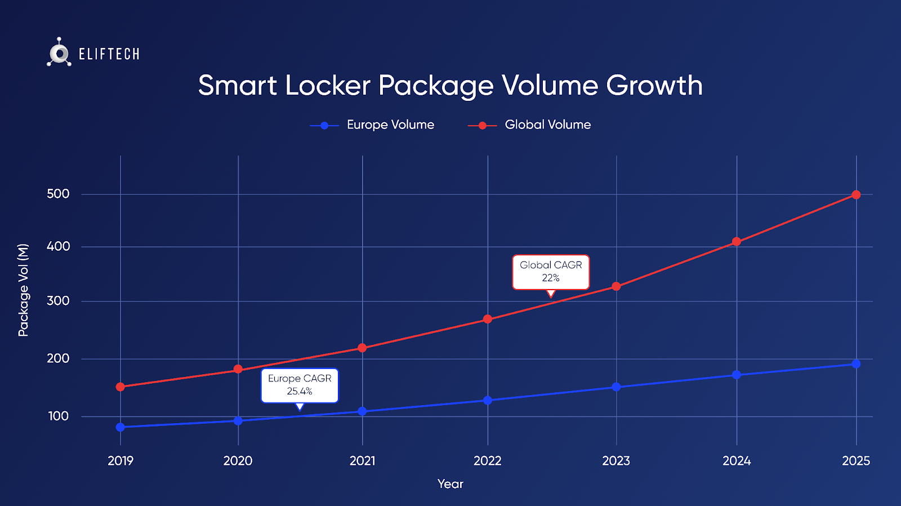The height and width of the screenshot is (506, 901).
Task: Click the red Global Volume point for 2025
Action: (856, 195)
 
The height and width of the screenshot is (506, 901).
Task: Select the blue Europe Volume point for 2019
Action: (121, 427)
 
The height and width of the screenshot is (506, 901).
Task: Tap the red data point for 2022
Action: (488, 319)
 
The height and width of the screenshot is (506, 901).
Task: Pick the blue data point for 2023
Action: (616, 387)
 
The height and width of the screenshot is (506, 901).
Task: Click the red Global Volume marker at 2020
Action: (238, 370)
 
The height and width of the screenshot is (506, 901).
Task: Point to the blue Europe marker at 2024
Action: (737, 375)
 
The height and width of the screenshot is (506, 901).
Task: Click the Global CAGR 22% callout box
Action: (551, 272)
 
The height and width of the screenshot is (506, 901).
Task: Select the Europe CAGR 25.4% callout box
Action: (300, 385)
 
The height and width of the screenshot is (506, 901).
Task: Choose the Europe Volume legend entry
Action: (373, 125)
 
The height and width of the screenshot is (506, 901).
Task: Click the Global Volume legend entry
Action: (530, 125)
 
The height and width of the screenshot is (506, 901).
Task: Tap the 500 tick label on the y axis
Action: (58, 194)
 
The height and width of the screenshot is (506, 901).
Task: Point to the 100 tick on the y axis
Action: (59, 416)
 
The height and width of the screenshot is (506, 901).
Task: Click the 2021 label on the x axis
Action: (362, 461)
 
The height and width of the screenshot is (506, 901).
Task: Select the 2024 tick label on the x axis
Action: (737, 461)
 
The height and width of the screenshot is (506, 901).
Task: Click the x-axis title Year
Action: (450, 484)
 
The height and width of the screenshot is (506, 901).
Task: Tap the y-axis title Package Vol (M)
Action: (23, 290)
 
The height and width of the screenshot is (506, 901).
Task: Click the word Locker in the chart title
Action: (328, 86)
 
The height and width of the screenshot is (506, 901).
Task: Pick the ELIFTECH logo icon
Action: (59, 52)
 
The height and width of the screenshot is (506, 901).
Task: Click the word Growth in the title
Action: (654, 86)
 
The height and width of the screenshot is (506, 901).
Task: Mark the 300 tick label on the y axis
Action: (58, 301)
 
